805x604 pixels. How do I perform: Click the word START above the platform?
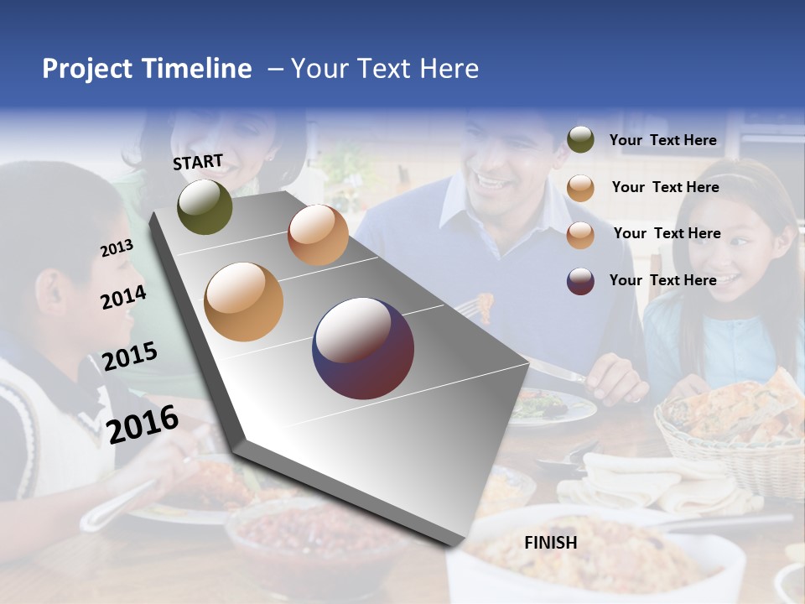tap(198, 162)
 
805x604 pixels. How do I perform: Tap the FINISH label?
tap(551, 543)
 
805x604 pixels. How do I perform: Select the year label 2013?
tap(117, 248)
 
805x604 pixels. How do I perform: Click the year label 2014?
tap(123, 297)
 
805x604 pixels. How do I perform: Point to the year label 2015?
tap(129, 357)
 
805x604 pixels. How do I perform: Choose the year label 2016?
tap(143, 424)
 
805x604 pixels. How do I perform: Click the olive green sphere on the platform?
tap(205, 206)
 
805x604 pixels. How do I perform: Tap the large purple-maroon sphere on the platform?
tap(363, 348)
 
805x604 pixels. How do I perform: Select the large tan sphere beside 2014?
tap(243, 301)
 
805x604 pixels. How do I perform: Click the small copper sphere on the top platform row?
tap(318, 235)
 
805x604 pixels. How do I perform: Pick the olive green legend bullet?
tap(580, 140)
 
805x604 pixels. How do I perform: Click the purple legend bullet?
tap(580, 281)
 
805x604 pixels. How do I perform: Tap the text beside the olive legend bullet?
tap(662, 140)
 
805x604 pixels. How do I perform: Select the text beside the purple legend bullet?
tap(662, 280)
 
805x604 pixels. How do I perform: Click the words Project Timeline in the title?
tap(147, 69)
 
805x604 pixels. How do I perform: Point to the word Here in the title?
tap(449, 69)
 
